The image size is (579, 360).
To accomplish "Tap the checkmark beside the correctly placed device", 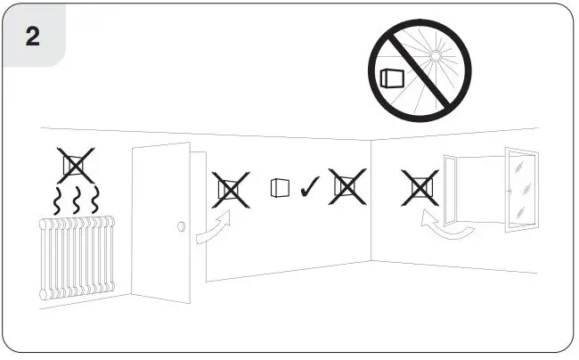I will (310, 188).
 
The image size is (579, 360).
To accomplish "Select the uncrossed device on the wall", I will (280, 188).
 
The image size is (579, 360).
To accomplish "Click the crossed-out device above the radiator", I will (76, 166).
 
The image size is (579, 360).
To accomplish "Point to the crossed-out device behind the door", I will (231, 189).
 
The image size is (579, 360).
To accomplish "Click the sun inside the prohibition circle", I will (435, 56).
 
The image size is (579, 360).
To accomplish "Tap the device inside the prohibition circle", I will (391, 78).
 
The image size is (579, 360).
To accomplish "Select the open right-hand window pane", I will (521, 190).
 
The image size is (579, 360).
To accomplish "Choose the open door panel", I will (161, 223).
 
